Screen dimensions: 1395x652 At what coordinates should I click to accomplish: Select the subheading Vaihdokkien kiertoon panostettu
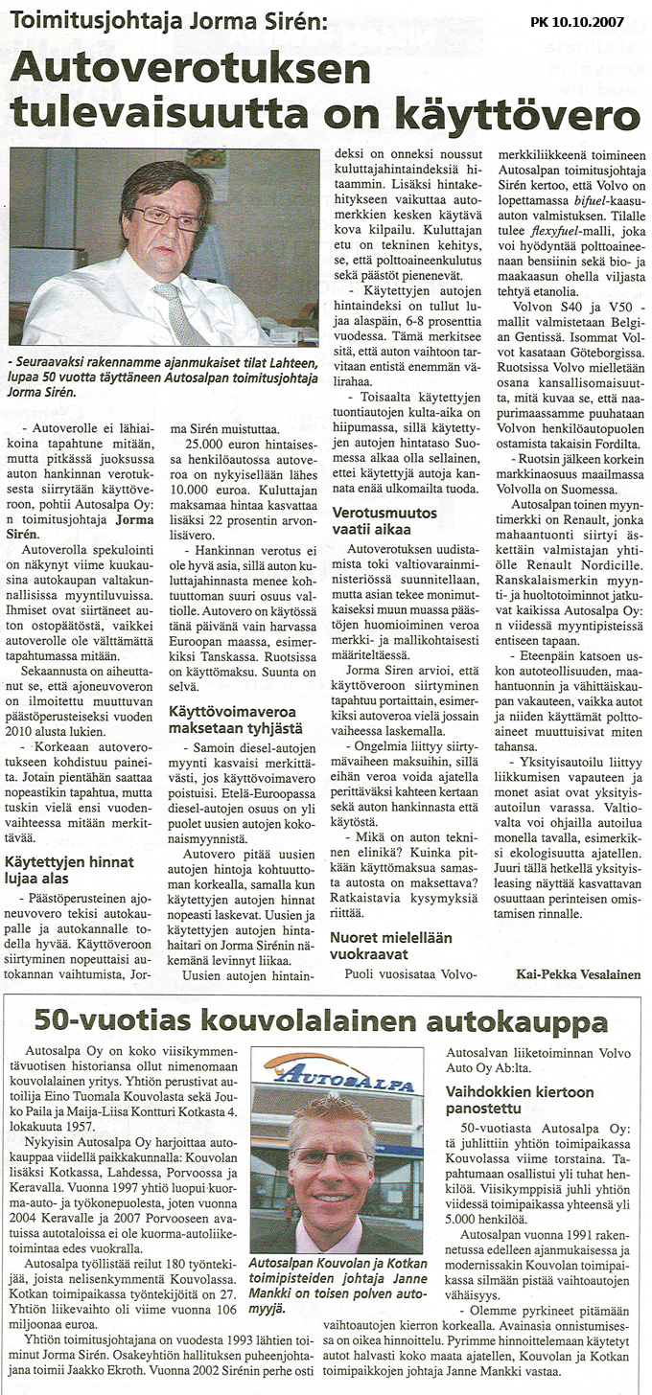pyautogui.click(x=521, y=1099)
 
